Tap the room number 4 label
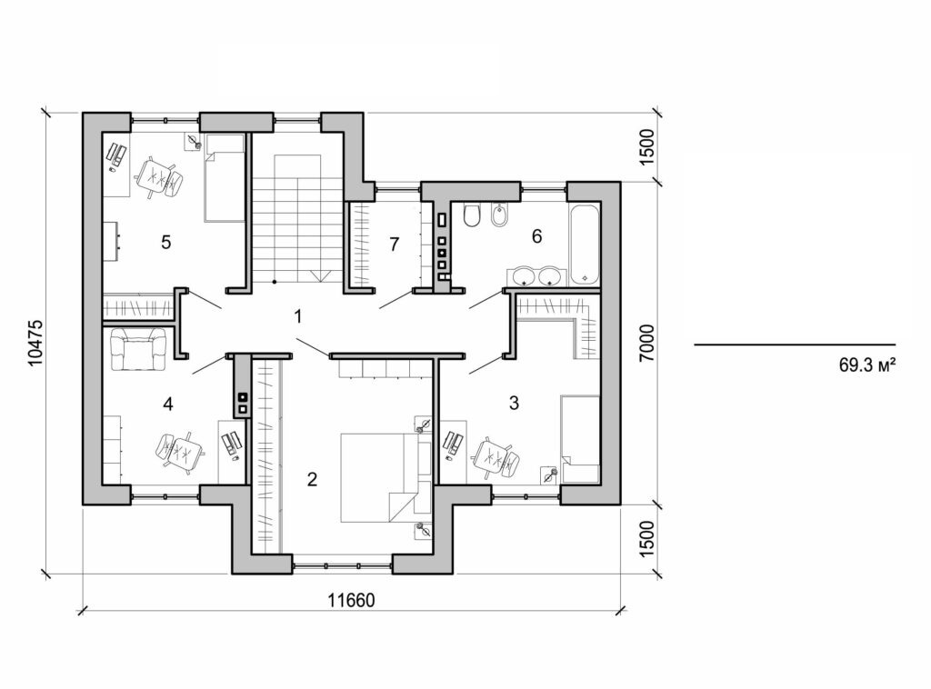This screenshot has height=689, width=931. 167,403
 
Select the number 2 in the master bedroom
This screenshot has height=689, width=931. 312,479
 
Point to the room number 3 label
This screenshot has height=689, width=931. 514,403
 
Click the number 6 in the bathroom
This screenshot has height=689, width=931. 536,236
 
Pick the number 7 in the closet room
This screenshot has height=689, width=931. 394,244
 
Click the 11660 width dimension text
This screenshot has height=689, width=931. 351,601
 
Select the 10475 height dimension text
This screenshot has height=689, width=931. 35,341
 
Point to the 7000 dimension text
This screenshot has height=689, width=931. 646,341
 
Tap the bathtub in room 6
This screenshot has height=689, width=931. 585,245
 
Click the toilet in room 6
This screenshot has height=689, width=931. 471,216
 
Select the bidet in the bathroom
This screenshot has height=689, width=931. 498,216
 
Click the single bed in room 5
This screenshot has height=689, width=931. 224,177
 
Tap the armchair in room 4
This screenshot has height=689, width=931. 138,349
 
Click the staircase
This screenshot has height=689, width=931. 297,218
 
